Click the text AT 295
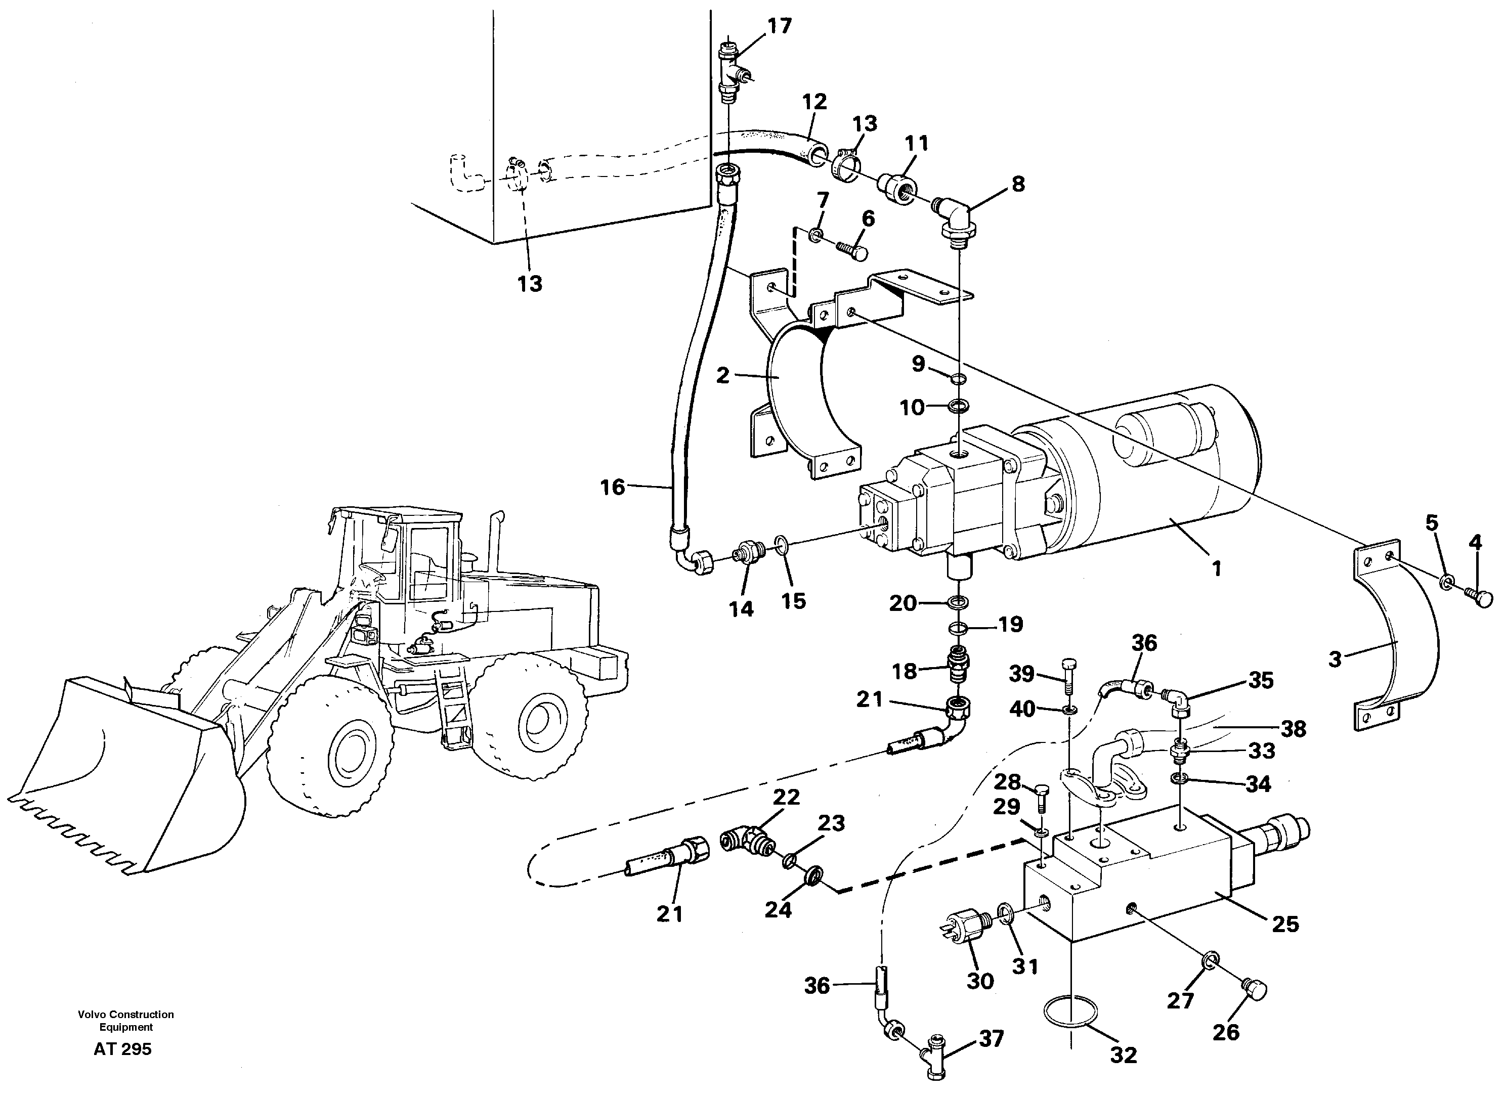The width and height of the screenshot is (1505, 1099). coord(122,1049)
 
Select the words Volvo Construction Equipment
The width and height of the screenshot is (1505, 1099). coord(126,1021)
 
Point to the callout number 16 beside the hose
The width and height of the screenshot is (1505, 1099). coord(612,488)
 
